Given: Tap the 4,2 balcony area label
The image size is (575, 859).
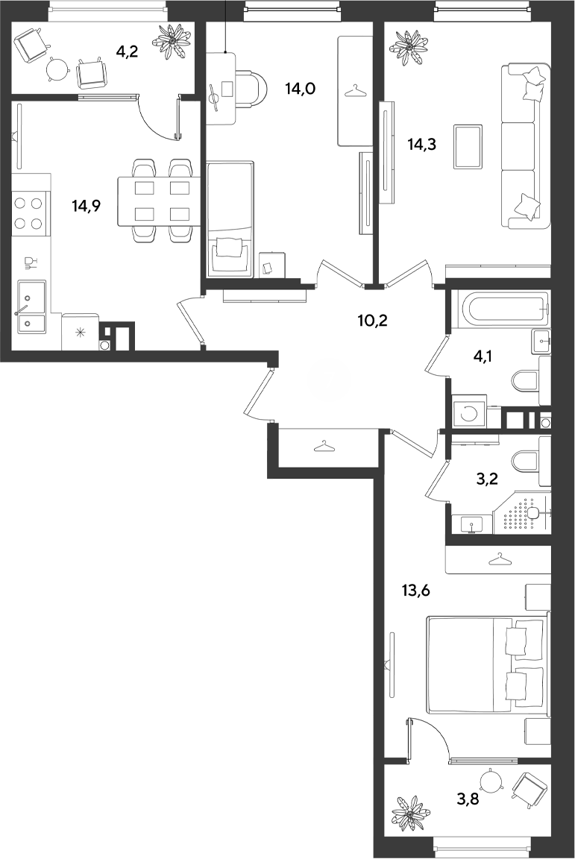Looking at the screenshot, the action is tap(127, 52).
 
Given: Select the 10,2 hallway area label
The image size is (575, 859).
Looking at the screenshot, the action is tap(372, 321).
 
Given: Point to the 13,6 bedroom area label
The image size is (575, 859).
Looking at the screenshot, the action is tap(416, 591).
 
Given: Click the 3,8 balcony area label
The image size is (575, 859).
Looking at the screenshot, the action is tap(468, 799).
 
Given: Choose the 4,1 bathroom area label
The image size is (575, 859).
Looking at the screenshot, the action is tap(482, 357).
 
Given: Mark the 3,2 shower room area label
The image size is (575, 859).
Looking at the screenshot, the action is tap(486, 480).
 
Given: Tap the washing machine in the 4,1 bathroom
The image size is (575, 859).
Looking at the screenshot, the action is tap(468, 413).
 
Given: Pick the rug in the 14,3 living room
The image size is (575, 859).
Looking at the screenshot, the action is tap(468, 146).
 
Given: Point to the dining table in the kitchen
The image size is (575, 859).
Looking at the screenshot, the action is tap(157, 201).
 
